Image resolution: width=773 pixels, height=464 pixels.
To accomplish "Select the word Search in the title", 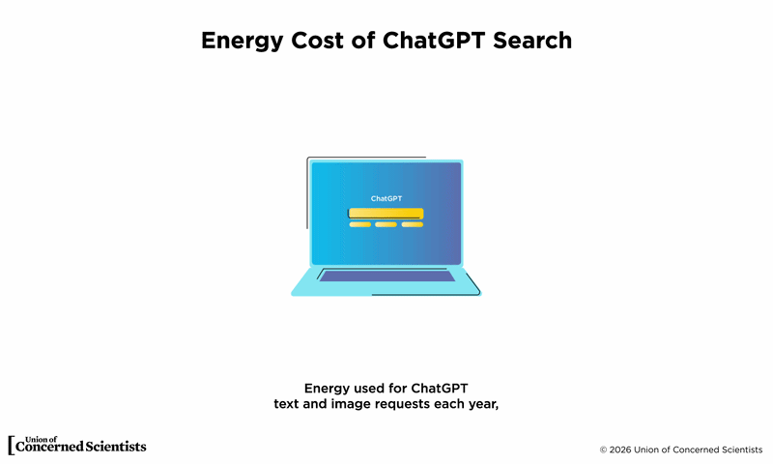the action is [x=532, y=40].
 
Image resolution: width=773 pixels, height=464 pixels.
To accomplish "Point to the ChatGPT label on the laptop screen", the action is [x=386, y=198].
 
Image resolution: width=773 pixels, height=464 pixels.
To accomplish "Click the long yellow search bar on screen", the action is [x=386, y=214].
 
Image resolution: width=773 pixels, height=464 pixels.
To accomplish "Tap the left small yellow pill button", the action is [x=360, y=224].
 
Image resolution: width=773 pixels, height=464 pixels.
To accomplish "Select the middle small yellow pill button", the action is [x=386, y=224].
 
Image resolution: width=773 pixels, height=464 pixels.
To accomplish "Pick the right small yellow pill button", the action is [x=413, y=224].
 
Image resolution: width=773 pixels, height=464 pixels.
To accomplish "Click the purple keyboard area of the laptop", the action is [x=387, y=276].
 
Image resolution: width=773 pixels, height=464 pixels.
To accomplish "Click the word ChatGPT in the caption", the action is [x=440, y=389].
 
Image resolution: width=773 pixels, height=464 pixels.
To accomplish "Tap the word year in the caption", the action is [x=484, y=404].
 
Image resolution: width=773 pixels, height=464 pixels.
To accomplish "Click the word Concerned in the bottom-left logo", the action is [x=49, y=447].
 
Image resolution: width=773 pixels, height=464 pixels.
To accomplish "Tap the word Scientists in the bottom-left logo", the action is [x=116, y=447].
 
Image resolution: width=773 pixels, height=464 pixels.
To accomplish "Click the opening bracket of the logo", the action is [x=11, y=446].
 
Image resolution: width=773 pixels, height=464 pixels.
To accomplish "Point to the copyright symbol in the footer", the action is [x=603, y=450].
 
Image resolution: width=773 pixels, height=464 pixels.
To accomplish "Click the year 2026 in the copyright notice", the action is [x=620, y=449].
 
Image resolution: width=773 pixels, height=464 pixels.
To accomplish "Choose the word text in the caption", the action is [x=285, y=404].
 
